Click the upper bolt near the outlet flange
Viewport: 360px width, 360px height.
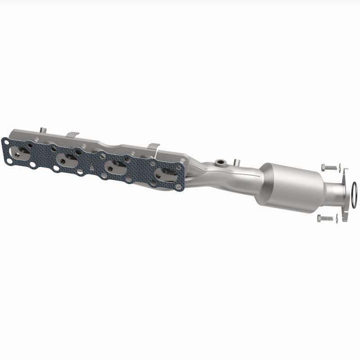click(x=329, y=167)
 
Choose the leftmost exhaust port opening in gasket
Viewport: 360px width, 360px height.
click(x=21, y=154)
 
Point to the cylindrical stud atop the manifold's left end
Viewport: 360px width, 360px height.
click(x=42, y=130)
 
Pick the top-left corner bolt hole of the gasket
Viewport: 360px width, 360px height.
click(x=6, y=141)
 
